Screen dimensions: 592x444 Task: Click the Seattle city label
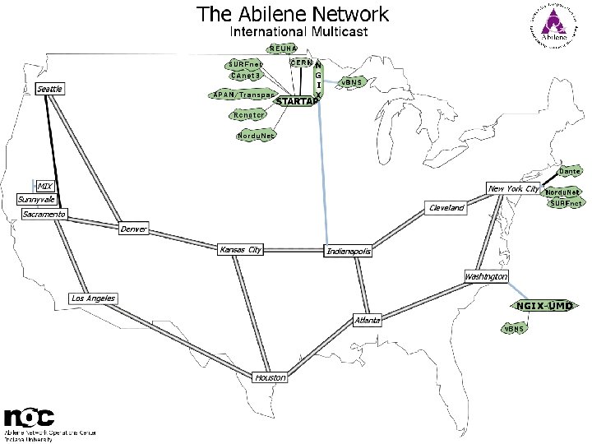tap(50, 88)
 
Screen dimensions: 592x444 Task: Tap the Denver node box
tap(133, 229)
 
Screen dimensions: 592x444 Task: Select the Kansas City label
tap(241, 249)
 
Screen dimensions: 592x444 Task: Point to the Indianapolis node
tap(349, 251)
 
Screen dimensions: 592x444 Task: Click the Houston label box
tap(271, 377)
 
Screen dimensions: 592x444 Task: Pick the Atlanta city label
tap(367, 320)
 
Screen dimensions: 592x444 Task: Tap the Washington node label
tap(486, 277)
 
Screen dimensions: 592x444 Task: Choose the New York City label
tap(513, 189)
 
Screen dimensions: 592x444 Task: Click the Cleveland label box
tap(446, 208)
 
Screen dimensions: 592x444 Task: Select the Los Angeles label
tap(93, 298)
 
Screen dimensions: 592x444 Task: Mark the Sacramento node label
tap(44, 215)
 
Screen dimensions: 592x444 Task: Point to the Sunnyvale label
tap(38, 200)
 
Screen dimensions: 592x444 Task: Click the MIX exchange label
tap(44, 186)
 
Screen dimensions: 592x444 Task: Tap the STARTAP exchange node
tap(297, 101)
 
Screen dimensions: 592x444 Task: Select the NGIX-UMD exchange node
tap(543, 306)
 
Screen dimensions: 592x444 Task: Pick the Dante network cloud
tap(571, 171)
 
